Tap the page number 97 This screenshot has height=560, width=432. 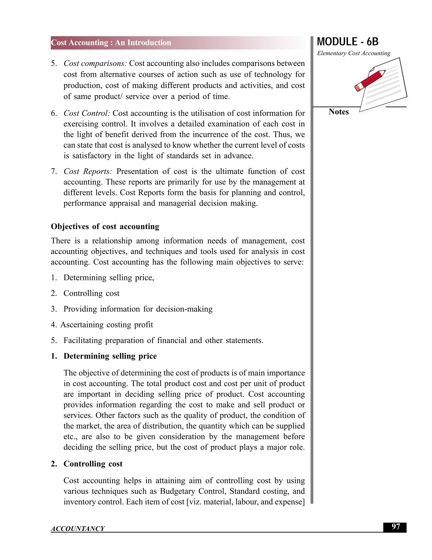coord(396,527)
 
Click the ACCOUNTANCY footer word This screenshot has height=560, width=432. coord(78,529)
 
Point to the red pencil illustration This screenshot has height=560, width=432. coord(370,80)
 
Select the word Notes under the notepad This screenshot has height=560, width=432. coord(338,112)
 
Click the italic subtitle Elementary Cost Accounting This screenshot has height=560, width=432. coord(354,53)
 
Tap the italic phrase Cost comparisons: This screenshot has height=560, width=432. coord(95,63)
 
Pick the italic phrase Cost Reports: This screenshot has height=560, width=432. coord(88,171)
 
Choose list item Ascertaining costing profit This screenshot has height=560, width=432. coord(107,325)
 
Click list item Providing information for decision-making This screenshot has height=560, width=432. coord(138,309)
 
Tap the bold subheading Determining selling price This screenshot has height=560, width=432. coord(110,356)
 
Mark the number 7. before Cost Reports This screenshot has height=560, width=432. coord(54,171)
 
